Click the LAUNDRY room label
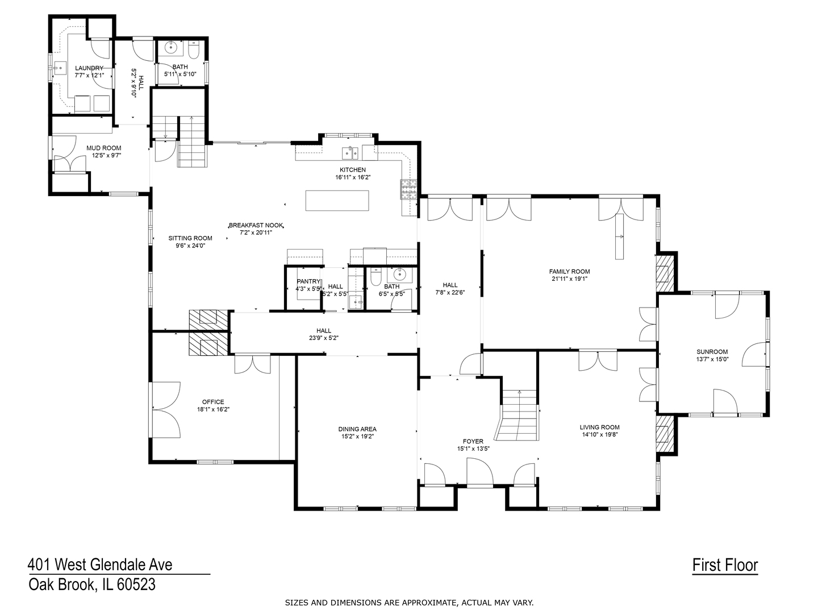coord(89,68)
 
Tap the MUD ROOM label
coord(103,148)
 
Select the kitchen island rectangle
coord(337,201)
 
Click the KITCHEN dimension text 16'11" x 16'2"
coord(353,177)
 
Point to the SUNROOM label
coord(712,352)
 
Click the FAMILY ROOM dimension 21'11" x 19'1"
coord(569,279)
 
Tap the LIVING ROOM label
coord(599,428)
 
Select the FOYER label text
coord(473,441)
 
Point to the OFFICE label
coord(213,402)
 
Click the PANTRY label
coord(308,281)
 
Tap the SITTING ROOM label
coord(190,238)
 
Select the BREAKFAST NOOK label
coord(256,225)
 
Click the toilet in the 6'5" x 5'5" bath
coord(375,278)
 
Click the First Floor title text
coord(725,565)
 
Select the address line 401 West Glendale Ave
coord(100,565)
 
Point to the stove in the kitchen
coord(408,189)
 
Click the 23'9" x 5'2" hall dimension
coord(324,338)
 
